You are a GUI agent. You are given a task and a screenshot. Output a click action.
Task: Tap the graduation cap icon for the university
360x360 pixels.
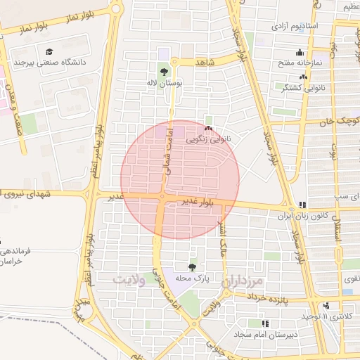pyautogui.click(x=49, y=52)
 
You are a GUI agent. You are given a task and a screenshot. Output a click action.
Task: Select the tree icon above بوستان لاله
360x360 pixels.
pyautogui.click(x=164, y=71)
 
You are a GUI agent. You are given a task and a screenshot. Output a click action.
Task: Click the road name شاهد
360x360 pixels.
pyautogui.click(x=205, y=63)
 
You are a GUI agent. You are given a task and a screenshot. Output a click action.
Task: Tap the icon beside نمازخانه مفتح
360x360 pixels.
pyautogui.click(x=300, y=52)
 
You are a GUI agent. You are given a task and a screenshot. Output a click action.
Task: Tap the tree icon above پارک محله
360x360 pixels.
pyautogui.click(x=192, y=266)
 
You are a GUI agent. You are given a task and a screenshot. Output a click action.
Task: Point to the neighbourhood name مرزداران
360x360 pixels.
pyautogui.click(x=241, y=281)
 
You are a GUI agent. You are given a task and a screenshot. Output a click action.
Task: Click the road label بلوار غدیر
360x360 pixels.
pyautogui.click(x=195, y=202)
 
